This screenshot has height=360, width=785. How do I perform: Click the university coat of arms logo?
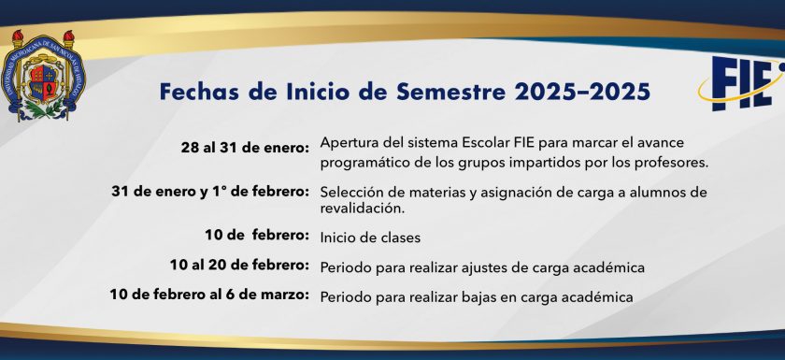click(43, 75)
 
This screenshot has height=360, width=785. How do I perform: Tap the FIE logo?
click(742, 82)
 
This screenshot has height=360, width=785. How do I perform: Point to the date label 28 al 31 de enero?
click(245, 148)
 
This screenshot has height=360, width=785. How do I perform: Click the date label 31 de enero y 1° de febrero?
click(210, 192)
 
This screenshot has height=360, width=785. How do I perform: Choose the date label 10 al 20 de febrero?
click(239, 265)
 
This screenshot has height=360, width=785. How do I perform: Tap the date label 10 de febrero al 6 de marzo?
click(209, 295)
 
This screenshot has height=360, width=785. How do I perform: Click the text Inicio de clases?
click(370, 238)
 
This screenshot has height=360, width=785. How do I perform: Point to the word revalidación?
click(362, 209)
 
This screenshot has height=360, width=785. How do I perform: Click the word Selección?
click(348, 193)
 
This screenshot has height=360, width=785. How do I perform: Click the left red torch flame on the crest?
click(18, 35)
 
